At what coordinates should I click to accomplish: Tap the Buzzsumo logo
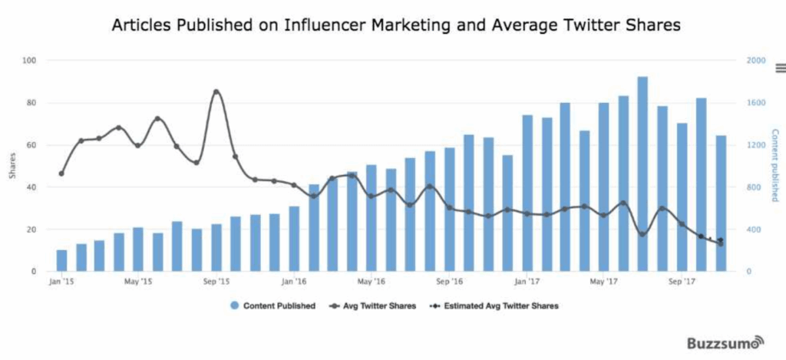coord(725,342)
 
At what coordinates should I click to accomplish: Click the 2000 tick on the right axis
coord(756,61)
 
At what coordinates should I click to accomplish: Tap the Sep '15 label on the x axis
coord(216,282)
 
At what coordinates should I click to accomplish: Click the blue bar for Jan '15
coord(61,261)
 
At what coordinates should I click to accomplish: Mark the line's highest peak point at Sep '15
coord(216,92)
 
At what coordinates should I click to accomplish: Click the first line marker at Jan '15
coord(61,173)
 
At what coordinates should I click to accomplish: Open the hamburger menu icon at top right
coord(780,68)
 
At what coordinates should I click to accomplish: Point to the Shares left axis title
coord(12,166)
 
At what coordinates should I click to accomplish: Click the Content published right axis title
coord(774,165)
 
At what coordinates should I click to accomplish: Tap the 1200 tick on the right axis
coord(756,145)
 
